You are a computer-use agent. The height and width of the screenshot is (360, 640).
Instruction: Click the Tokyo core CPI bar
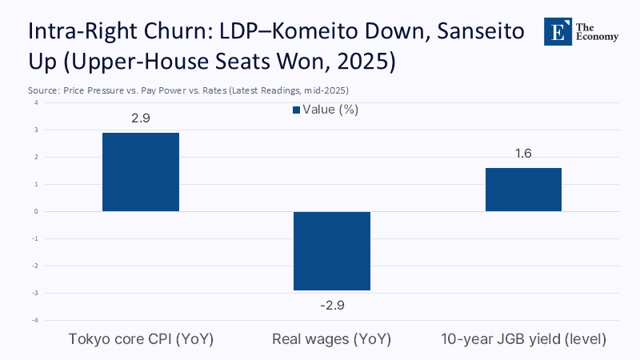coord(141,172)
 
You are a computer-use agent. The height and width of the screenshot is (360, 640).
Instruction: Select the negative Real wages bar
coord(332,250)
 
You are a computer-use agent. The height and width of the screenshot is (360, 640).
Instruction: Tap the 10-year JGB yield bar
coord(523,190)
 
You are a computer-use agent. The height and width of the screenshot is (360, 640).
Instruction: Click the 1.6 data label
coord(523,153)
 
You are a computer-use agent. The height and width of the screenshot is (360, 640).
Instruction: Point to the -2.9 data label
coord(332,305)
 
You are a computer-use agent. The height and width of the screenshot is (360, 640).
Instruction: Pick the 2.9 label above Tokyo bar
coord(141,118)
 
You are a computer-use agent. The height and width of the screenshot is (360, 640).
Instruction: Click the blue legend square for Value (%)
coord(295,110)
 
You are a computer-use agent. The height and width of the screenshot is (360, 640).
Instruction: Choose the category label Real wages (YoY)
coord(332,339)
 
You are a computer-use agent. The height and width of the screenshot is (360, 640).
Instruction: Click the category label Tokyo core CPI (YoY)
coord(141,339)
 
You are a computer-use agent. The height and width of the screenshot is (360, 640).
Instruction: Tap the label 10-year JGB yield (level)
coord(523,339)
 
